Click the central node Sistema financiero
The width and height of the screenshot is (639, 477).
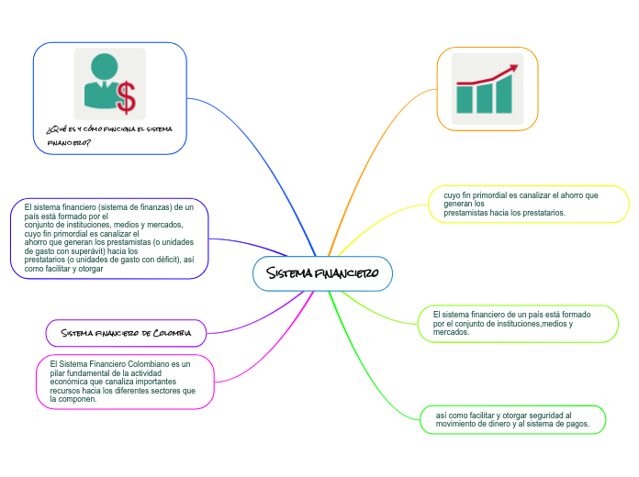(322, 273)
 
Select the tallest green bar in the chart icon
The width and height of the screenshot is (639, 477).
(503, 95)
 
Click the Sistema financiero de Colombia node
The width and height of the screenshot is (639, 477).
(126, 332)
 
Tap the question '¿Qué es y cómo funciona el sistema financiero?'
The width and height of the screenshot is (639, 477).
(108, 136)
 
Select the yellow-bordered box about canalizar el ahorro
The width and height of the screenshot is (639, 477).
(528, 204)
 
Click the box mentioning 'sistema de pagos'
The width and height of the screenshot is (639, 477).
(512, 419)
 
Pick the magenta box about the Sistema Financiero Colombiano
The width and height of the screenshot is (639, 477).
(125, 382)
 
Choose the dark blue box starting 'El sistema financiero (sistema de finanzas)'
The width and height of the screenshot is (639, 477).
(109, 238)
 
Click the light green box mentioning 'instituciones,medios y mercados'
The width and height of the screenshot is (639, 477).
(519, 323)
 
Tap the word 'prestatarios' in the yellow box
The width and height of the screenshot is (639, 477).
(543, 213)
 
